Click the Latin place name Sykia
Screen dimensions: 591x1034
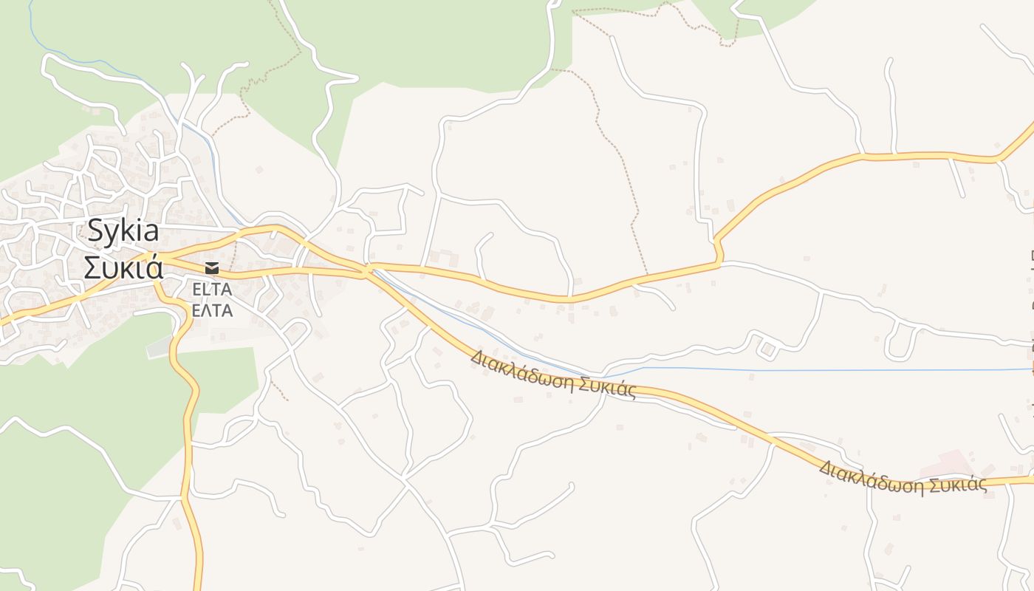(x=123, y=231)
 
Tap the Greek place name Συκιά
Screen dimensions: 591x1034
(x=123, y=267)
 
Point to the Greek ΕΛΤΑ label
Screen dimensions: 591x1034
(x=212, y=310)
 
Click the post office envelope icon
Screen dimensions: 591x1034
(x=212, y=267)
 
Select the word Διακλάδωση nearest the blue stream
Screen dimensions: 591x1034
(x=521, y=369)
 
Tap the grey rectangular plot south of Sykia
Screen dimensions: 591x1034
(x=159, y=347)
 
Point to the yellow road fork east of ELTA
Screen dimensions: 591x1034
(x=365, y=270)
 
